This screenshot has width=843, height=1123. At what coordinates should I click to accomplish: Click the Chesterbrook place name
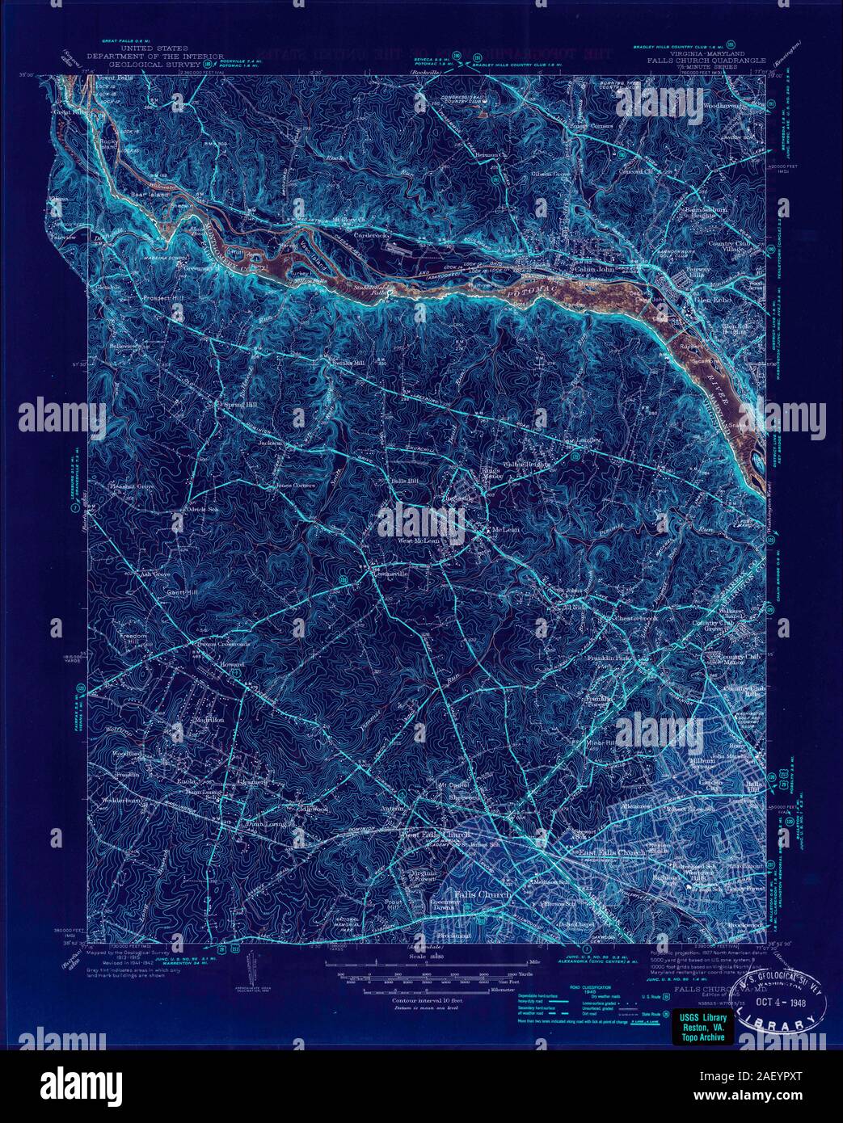tap(615, 617)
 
